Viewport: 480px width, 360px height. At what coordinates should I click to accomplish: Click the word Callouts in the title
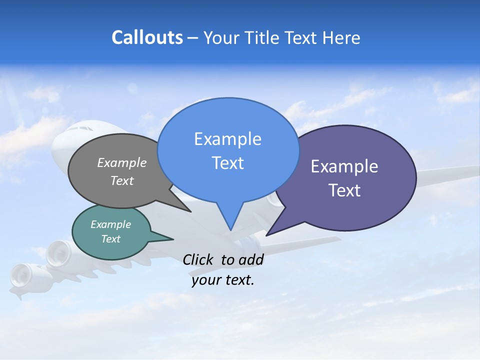(147, 38)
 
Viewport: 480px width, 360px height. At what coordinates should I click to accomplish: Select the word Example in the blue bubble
(227, 139)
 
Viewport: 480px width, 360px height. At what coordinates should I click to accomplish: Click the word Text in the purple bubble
(344, 190)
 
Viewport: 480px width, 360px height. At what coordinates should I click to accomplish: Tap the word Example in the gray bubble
(121, 163)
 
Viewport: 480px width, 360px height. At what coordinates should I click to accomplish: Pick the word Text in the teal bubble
(110, 239)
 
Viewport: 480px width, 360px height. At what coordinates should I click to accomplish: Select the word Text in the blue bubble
(227, 163)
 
